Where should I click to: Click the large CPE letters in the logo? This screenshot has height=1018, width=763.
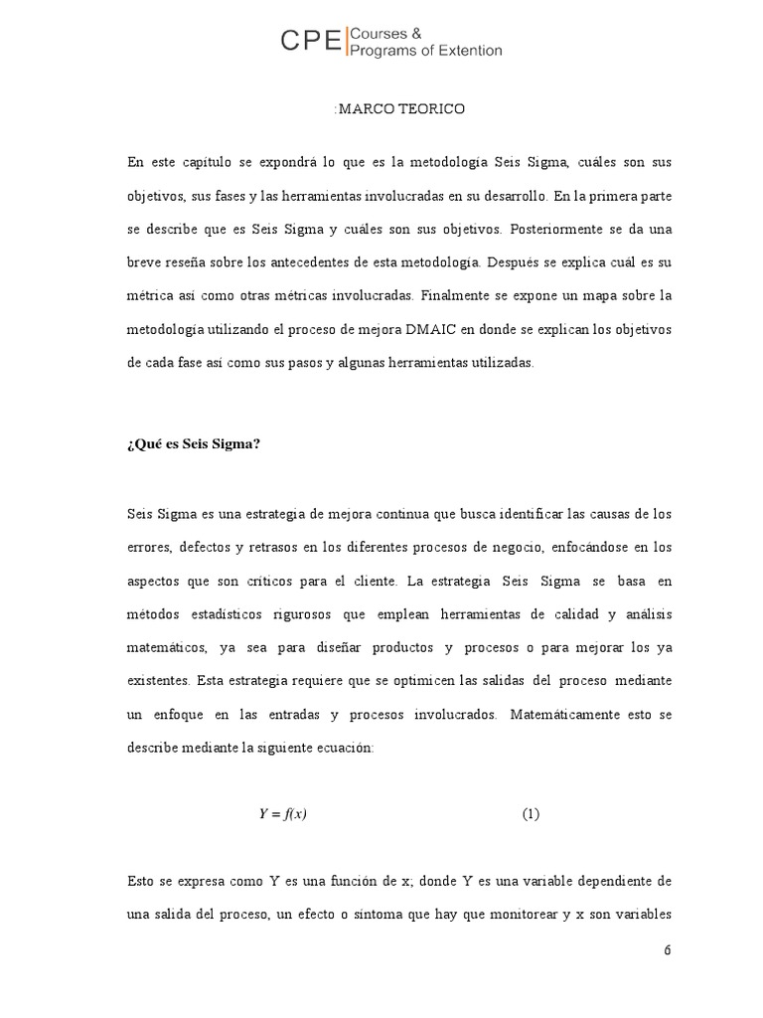[x=310, y=41]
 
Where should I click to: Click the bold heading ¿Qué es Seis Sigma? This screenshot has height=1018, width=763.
[x=194, y=444]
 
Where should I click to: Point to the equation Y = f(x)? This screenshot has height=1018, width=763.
[x=283, y=814]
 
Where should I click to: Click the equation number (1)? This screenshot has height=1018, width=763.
[x=531, y=814]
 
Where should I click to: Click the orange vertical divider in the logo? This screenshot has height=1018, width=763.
[x=345, y=42]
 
